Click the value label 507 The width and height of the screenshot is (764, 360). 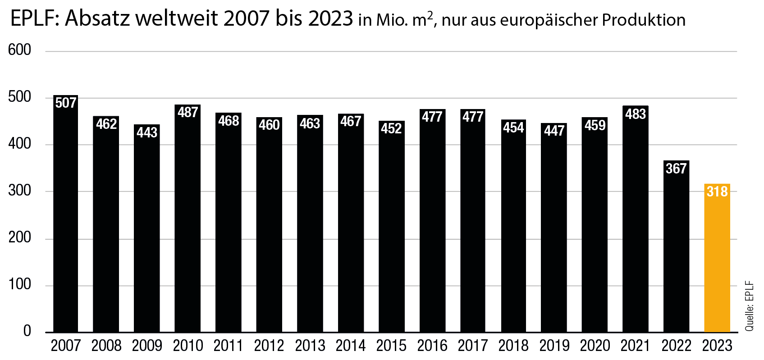[x=66, y=103]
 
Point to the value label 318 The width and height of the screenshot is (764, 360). [x=717, y=191]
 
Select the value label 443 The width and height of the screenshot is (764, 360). [x=147, y=132]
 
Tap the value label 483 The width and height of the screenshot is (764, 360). [x=636, y=114]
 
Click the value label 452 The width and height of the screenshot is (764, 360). [x=391, y=129]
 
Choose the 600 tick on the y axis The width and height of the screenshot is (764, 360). [x=19, y=50]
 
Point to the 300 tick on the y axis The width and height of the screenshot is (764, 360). [x=19, y=191]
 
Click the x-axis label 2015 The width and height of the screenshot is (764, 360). [x=391, y=346]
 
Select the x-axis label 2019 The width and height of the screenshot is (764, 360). [x=554, y=346]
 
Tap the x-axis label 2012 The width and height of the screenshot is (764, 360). [x=269, y=346]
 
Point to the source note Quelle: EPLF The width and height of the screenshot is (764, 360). [x=749, y=306]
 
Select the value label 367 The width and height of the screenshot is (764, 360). [x=676, y=169]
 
